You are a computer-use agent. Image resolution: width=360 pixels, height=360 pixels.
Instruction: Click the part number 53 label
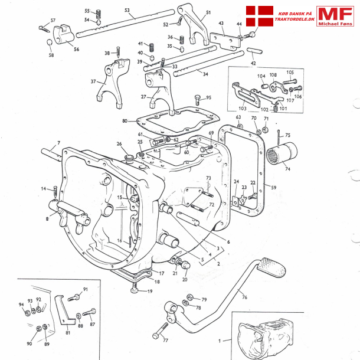click(x=127, y=10)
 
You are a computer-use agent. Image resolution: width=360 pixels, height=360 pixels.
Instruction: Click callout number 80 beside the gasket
click(x=125, y=122)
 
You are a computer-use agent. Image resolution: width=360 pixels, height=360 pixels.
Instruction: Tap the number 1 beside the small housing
click(x=221, y=341)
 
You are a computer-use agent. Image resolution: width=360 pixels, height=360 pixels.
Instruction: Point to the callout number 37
click(x=93, y=81)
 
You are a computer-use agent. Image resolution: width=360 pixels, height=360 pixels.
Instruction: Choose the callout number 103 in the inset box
click(x=243, y=109)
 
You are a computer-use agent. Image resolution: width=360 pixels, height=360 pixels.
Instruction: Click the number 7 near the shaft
click(x=58, y=143)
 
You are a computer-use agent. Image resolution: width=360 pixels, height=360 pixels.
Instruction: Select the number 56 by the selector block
click(x=76, y=50)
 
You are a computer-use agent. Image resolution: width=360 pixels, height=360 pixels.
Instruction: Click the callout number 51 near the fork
click(x=208, y=12)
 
